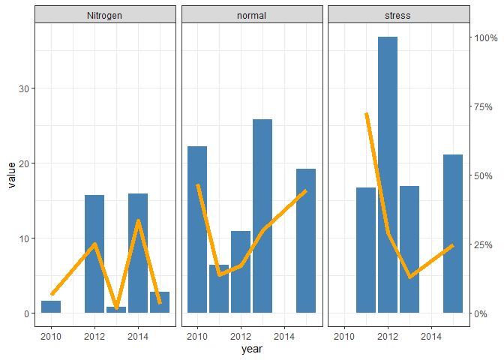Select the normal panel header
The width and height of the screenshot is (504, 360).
pos(252,14)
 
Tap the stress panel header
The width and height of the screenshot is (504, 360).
pos(398,14)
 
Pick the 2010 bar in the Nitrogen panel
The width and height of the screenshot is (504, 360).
pos(51,307)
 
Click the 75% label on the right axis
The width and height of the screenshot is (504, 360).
pos(481,106)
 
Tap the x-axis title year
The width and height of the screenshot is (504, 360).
pos(252,349)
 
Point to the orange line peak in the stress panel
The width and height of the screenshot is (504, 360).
pos(366,114)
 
